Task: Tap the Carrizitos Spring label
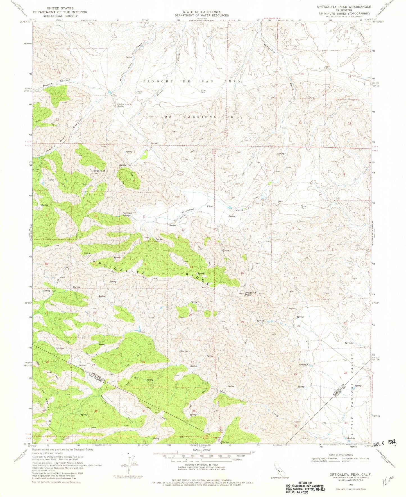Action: [128, 214]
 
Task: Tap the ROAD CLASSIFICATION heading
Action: [342, 455]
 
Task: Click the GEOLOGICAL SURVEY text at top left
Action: [60, 16]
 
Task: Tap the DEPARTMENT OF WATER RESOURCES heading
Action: [201, 15]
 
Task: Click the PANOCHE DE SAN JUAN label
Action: [192, 81]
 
